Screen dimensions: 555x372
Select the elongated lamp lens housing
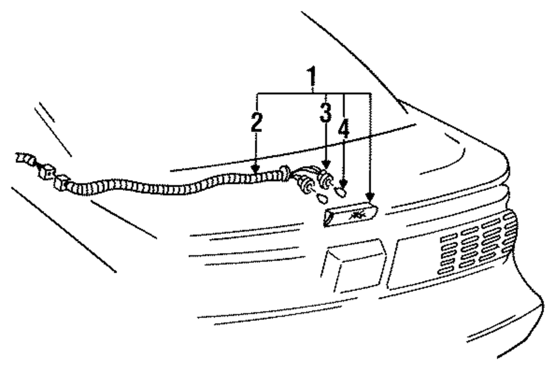[351, 215]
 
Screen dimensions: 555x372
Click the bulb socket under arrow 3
[325, 178]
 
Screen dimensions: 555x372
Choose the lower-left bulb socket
[305, 183]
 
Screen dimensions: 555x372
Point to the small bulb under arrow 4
[341, 192]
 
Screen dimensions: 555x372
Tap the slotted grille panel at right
[477, 244]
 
